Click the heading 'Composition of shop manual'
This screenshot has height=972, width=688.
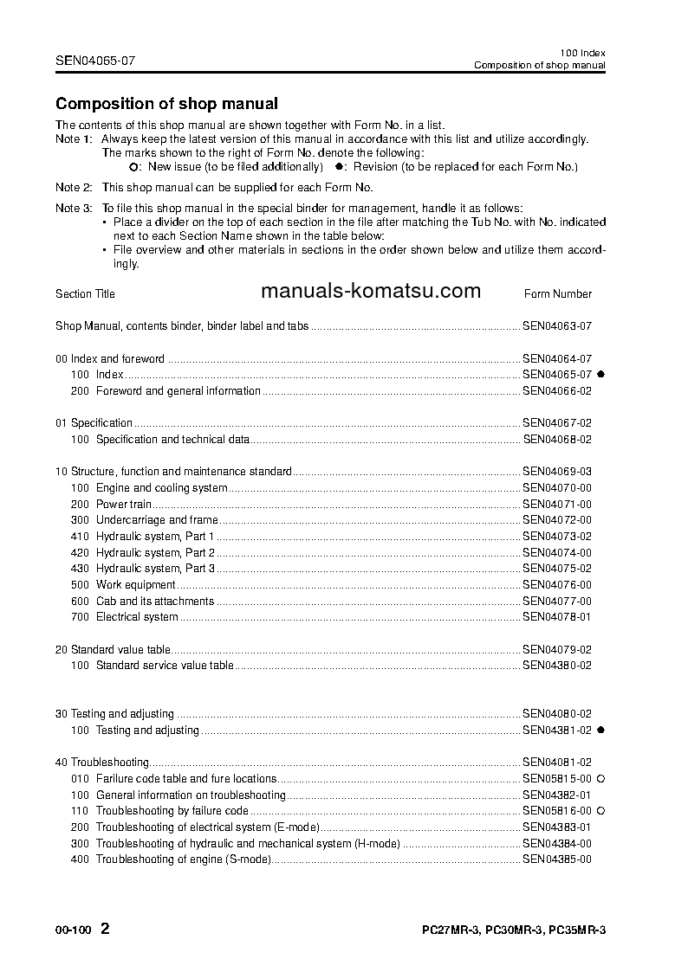pos(166,104)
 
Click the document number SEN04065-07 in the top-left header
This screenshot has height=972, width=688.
pos(95,61)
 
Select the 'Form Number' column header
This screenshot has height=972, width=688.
pos(558,294)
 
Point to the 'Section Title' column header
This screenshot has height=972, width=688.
pos(85,294)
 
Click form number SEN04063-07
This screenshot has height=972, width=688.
pos(556,326)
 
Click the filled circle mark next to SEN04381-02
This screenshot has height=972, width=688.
pos(600,730)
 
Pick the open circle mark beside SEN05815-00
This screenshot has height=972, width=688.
pos(600,779)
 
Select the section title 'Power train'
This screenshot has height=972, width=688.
pos(124,504)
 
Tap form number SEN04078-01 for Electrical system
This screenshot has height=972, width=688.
pos(556,617)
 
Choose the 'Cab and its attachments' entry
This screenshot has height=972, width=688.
pos(154,601)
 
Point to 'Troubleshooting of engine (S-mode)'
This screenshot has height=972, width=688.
pos(183,859)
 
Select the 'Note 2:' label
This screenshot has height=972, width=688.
pos(74,187)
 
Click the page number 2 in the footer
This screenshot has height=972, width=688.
pos(105,930)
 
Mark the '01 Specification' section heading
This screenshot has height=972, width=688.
pos(94,423)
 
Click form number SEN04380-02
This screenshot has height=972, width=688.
pos(556,666)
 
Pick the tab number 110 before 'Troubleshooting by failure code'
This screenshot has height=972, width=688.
pos(80,811)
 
